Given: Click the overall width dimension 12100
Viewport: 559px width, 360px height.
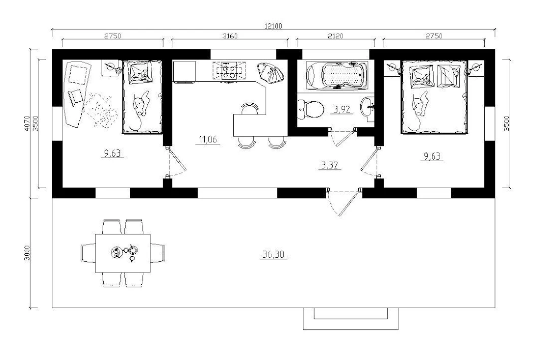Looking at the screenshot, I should coord(273,26).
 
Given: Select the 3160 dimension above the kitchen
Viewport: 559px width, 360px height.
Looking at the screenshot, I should coord(230,36).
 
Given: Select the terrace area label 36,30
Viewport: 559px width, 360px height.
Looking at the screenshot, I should coord(273,255).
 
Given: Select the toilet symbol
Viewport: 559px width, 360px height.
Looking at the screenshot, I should coord(311,109).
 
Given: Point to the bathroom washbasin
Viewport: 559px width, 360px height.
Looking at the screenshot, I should coord(368,107).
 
